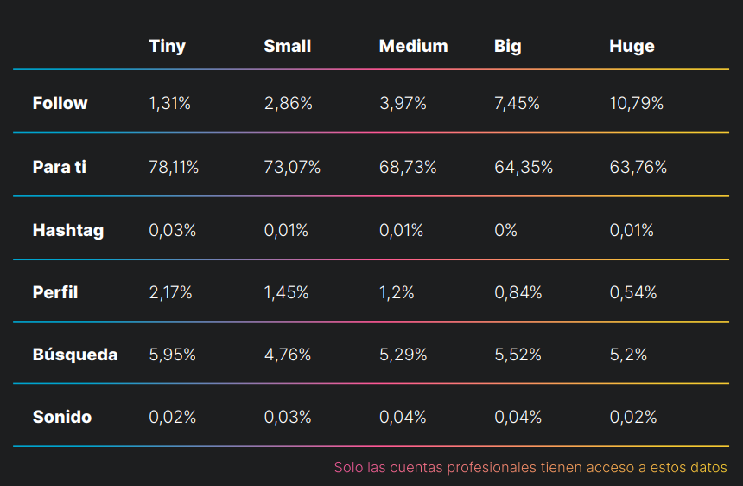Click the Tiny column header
pos(168,47)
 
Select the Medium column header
pos(413,46)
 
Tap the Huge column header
pos(632,47)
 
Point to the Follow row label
pos(60,103)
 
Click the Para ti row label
pos(60,167)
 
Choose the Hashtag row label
pos(68,230)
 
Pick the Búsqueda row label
pos(75,355)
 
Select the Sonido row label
pos(62,417)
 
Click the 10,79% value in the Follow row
pos(637,104)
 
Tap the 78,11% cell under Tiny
pos(174,168)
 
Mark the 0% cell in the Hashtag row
pos(505,230)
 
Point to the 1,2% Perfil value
pos(397,292)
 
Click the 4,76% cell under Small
pos(288,355)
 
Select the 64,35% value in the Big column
pos(524,168)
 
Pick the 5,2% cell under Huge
pos(628,355)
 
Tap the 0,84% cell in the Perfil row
pos(518,292)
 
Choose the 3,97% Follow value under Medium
pos(403,104)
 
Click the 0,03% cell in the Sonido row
pos(288,417)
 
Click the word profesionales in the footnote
pos(492,468)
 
